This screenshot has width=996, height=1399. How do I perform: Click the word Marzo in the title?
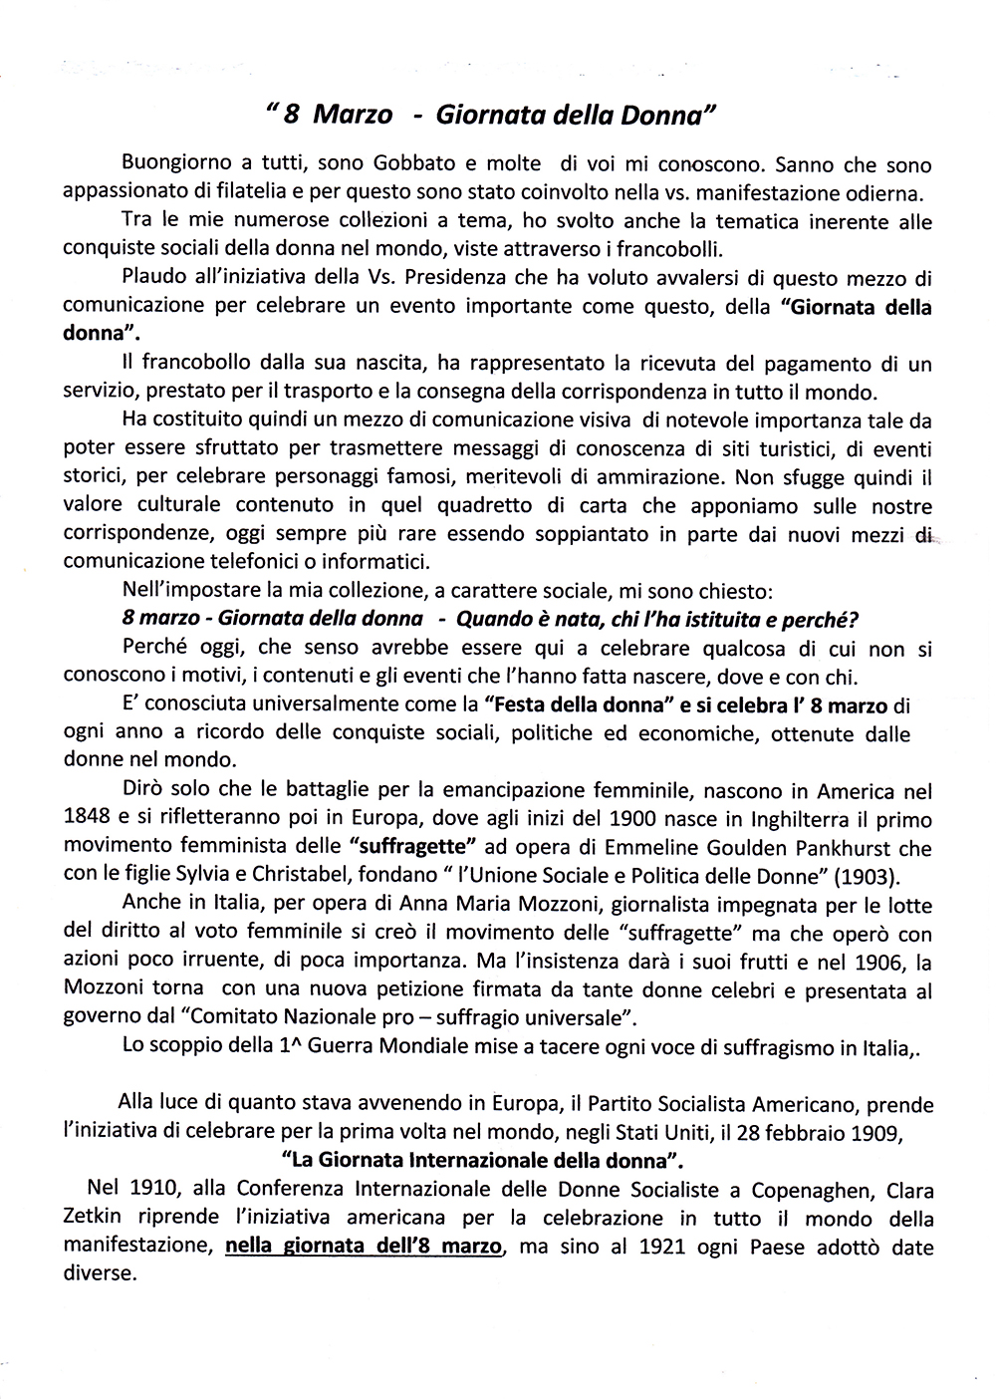point(353,116)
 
